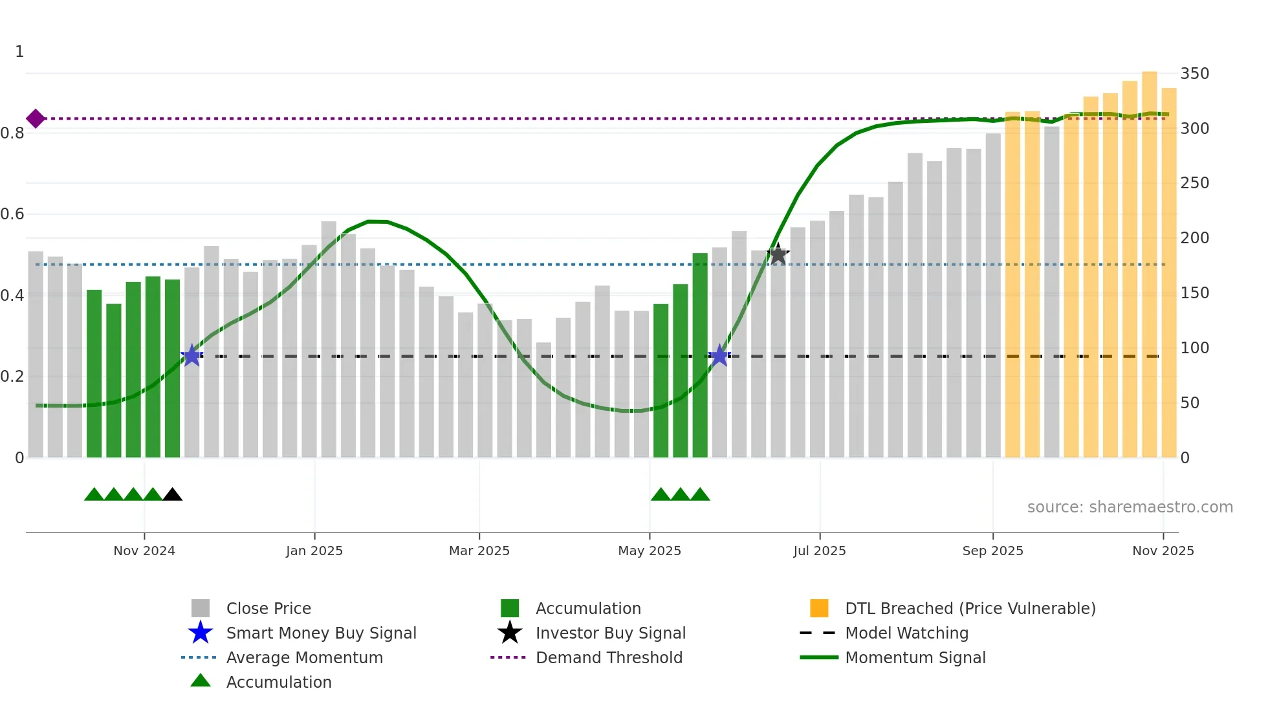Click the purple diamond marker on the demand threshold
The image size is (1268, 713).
coord(36,118)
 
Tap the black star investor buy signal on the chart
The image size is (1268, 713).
coord(778,255)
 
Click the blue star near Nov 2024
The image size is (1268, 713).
coord(191,355)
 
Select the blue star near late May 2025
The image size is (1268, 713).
coord(719,355)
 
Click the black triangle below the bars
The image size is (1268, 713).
coord(172,495)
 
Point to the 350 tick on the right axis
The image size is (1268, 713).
coord(1194,74)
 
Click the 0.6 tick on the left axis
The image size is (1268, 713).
coord(13,214)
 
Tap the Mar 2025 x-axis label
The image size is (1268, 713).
coord(479,551)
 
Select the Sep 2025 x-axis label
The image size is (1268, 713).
coord(992,551)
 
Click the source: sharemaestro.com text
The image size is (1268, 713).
coord(1130,507)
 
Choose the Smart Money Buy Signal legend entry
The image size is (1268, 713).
coord(321,633)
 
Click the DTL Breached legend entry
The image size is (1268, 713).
coord(970,608)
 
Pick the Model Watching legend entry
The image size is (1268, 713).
coord(906,633)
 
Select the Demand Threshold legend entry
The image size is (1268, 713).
coord(609,657)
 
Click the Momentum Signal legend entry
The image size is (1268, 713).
coord(915,657)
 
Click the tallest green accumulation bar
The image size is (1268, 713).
coord(699,356)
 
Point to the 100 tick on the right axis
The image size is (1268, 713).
coord(1194,348)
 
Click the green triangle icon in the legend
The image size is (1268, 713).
coord(201,681)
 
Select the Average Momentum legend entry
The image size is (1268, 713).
coord(304,657)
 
